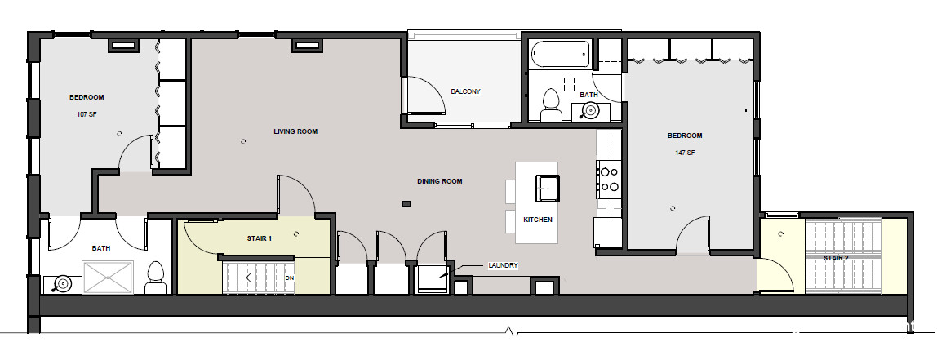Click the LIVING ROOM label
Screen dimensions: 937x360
pyautogui.click(x=295, y=131)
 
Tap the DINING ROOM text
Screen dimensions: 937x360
pyautogui.click(x=440, y=181)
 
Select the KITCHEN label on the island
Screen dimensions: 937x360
pyautogui.click(x=538, y=220)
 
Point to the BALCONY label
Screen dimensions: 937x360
pyautogui.click(x=465, y=91)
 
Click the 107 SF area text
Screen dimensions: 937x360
pyautogui.click(x=87, y=114)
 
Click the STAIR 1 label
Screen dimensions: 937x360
pyautogui.click(x=260, y=238)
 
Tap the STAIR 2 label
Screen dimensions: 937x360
pyautogui.click(x=836, y=258)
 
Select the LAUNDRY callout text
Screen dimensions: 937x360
pyautogui.click(x=503, y=265)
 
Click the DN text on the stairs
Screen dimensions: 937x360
pyautogui.click(x=289, y=278)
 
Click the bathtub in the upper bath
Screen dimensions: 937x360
pyautogui.click(x=561, y=55)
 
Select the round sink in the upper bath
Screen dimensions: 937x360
pyautogui.click(x=591, y=111)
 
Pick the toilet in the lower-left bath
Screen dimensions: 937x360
pyautogui.click(x=155, y=278)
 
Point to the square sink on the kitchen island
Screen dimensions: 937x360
pyautogui.click(x=548, y=189)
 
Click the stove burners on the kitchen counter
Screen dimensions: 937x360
pyautogui.click(x=609, y=179)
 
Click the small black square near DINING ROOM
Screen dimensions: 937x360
pyautogui.click(x=406, y=204)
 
